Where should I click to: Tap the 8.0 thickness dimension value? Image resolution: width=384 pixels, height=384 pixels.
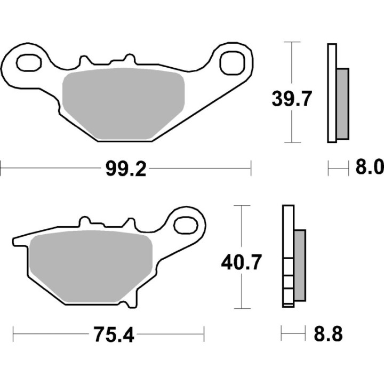[369, 169]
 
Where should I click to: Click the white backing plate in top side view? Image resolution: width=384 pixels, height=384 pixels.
[331, 93]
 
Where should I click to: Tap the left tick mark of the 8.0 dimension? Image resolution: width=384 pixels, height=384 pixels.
[328, 170]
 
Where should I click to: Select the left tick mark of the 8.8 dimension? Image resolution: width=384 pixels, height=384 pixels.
[282, 335]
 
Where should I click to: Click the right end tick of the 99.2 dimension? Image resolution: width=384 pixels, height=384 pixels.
[250, 170]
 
